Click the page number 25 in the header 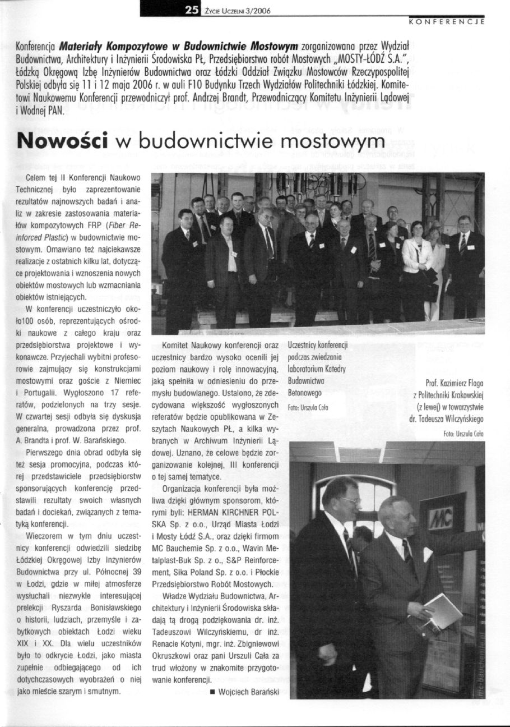[192, 9]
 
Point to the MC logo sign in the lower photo [441, 518]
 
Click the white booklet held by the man [442, 611]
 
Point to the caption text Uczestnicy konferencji [318, 344]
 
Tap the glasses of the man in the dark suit [350, 500]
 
